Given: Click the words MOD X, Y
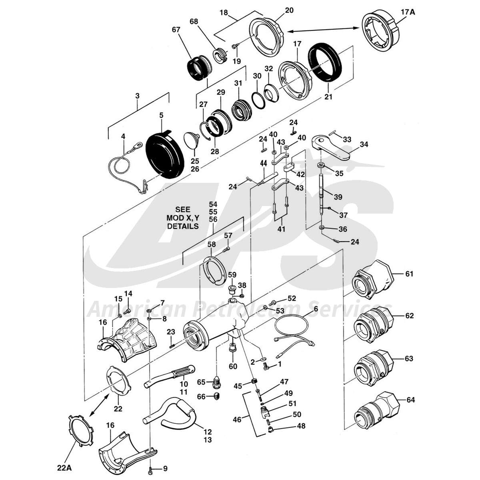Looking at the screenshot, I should click(x=183, y=218).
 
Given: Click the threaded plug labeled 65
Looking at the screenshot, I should click(x=216, y=383).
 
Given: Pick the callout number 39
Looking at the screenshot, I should click(x=338, y=197).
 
